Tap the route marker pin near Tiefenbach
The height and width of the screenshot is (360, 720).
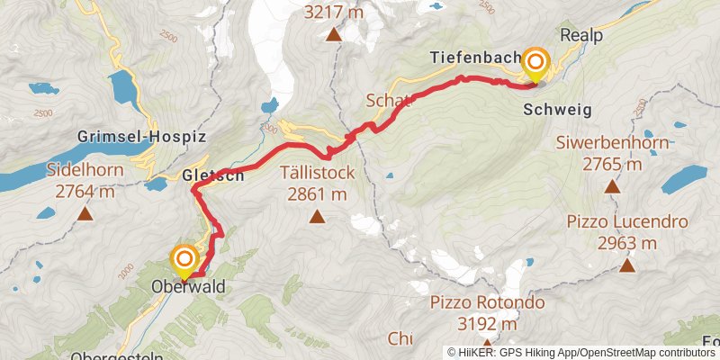(535, 64)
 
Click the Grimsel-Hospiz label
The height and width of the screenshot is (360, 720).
(143, 138)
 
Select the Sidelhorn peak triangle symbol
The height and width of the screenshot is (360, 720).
(85, 214)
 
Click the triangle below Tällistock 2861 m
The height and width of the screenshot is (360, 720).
(317, 216)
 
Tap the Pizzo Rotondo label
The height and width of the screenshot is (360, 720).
(487, 302)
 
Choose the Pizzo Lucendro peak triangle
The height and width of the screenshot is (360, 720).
(627, 265)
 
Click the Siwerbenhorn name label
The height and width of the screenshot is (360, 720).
(611, 143)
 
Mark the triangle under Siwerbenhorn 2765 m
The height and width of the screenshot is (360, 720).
(612, 187)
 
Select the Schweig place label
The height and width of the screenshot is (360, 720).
(556, 110)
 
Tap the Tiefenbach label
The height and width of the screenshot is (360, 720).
(475, 58)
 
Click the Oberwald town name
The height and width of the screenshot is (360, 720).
(188, 287)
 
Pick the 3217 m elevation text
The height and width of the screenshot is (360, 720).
(334, 13)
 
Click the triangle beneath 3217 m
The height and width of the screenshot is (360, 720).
(334, 36)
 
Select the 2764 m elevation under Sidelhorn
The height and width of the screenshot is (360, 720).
(85, 191)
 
